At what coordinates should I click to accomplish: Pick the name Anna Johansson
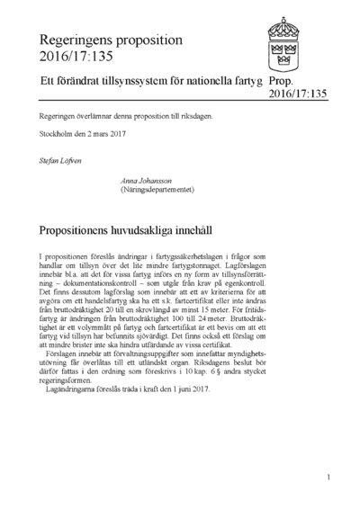tap(152, 182)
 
